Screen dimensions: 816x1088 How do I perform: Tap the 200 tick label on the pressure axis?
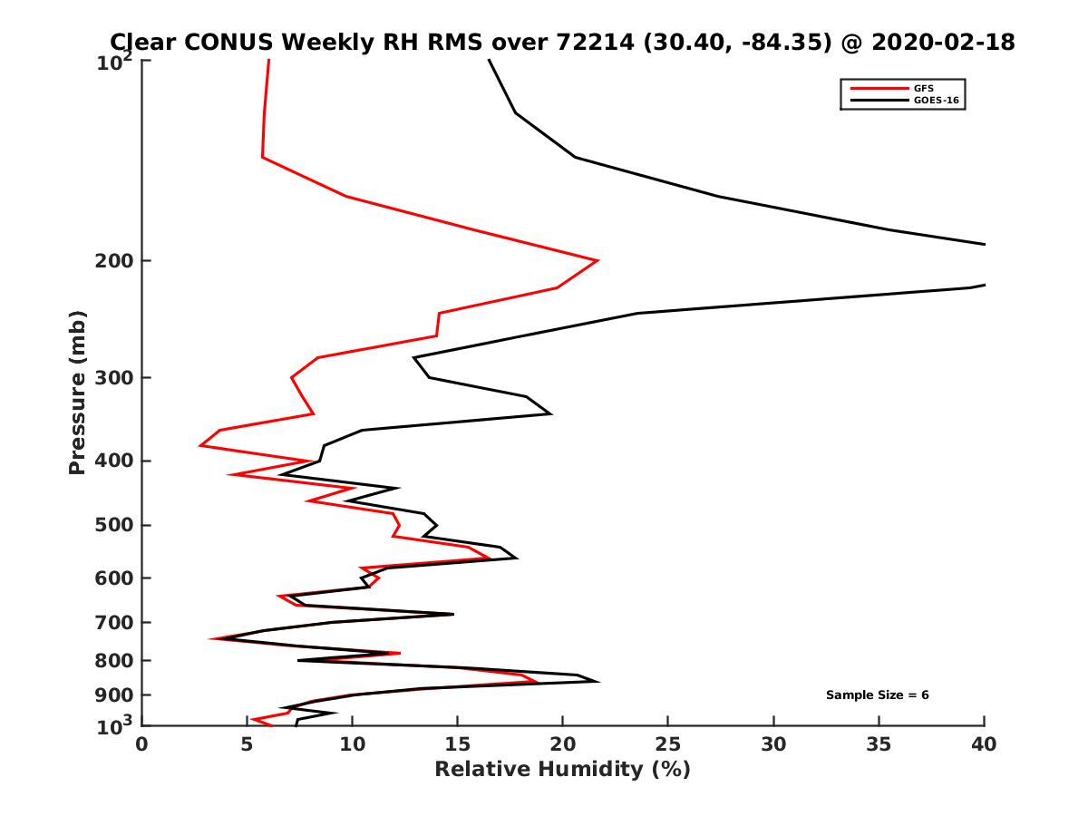pyautogui.click(x=112, y=261)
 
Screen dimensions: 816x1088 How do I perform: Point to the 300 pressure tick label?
pyautogui.click(x=112, y=378)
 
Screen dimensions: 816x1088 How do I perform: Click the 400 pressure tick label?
pyautogui.click(x=112, y=461)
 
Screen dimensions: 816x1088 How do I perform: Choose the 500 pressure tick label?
pyautogui.click(x=112, y=525)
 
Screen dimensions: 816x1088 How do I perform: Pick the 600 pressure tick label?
pyautogui.click(x=112, y=578)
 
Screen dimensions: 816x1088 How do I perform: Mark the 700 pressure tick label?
pyautogui.click(x=112, y=622)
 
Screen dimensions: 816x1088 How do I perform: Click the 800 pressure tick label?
pyautogui.click(x=112, y=660)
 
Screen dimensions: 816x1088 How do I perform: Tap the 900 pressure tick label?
pyautogui.click(x=112, y=695)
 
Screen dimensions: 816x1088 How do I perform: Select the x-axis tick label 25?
pyautogui.click(x=668, y=744)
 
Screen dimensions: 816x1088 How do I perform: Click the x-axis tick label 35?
pyautogui.click(x=879, y=744)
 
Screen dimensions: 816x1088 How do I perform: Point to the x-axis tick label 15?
pyautogui.click(x=458, y=744)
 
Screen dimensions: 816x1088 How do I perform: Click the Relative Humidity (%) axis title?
pyautogui.click(x=562, y=770)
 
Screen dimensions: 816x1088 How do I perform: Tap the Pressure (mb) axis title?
pyautogui.click(x=77, y=392)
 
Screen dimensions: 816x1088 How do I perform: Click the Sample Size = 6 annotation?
pyautogui.click(x=877, y=695)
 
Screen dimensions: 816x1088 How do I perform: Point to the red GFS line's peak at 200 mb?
pyautogui.click(x=597, y=261)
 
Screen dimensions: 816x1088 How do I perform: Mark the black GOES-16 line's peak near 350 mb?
pyautogui.click(x=550, y=413)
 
